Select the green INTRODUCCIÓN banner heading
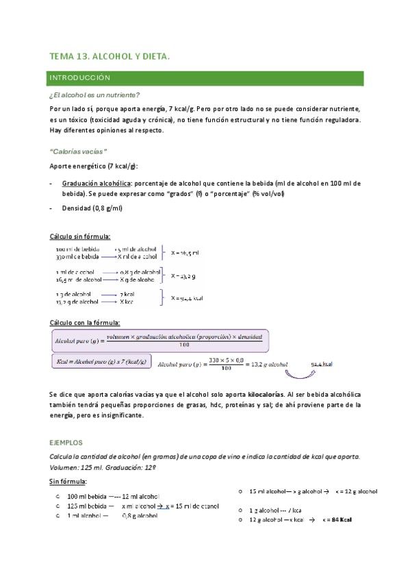click(x=80, y=79)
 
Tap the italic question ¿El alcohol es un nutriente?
click(x=95, y=95)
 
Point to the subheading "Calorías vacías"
click(x=79, y=151)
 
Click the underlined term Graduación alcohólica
click(x=96, y=184)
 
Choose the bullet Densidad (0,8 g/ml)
click(x=92, y=208)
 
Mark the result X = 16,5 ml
click(x=185, y=253)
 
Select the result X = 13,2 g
click(x=183, y=275)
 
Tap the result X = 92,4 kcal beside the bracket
click(x=188, y=298)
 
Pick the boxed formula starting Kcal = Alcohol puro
click(x=101, y=361)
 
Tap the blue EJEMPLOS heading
click(x=66, y=443)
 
